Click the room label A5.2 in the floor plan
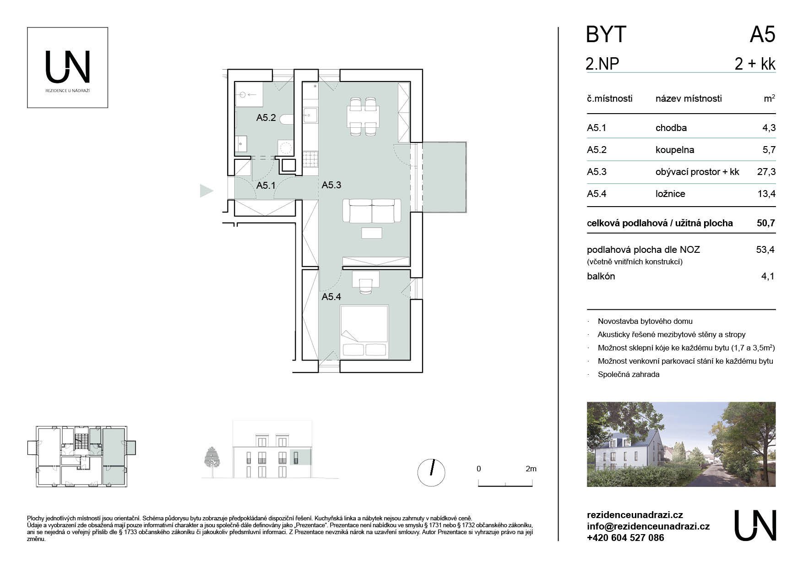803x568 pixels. tap(266, 118)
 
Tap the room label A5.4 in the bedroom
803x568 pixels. tap(331, 297)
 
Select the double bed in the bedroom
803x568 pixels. tap(364, 332)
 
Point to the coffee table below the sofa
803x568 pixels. tap(372, 233)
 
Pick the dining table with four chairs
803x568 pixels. tap(364, 116)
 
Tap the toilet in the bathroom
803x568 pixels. tap(285, 120)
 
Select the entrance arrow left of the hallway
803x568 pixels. tap(207, 191)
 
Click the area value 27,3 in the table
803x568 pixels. tap(766, 172)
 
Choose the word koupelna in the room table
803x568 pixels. tap(675, 150)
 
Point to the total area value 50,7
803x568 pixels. tap(766, 223)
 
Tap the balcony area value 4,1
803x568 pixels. tap(768, 276)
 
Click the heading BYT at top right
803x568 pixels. tap(606, 35)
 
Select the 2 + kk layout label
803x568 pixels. tap(755, 64)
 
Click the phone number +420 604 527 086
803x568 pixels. tap(625, 538)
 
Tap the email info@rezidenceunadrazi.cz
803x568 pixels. tap(648, 526)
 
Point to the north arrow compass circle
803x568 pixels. tap(431, 473)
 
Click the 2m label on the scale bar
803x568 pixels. tap(531, 469)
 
